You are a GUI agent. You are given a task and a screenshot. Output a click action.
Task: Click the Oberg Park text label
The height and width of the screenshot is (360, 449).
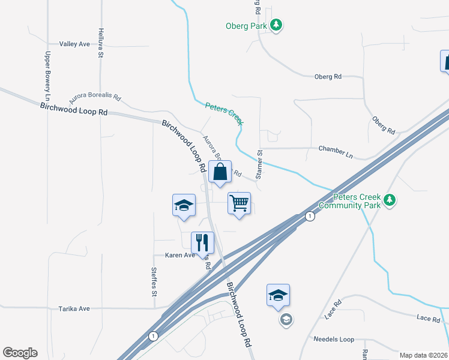(x=246, y=26)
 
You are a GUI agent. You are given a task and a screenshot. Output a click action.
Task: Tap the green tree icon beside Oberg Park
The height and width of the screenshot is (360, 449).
(x=276, y=25)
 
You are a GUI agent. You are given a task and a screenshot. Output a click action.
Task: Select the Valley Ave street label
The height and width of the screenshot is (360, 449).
(x=74, y=44)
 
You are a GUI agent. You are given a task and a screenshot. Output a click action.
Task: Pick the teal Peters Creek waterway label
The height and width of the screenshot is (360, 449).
(x=224, y=113)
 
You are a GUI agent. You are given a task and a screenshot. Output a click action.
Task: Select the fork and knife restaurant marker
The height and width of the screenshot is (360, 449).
(x=202, y=242)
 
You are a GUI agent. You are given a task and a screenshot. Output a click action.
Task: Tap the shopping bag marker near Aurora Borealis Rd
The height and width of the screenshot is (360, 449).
(x=220, y=172)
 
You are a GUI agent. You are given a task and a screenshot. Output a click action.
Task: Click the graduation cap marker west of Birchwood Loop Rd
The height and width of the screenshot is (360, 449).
(x=184, y=205)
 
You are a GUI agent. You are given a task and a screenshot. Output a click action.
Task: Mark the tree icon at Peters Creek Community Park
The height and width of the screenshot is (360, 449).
(x=390, y=200)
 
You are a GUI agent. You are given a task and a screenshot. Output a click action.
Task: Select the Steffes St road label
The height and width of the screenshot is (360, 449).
(x=154, y=282)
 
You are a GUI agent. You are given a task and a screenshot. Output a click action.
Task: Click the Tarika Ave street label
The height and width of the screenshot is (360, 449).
(x=74, y=308)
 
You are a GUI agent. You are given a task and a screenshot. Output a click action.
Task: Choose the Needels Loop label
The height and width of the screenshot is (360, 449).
(x=334, y=339)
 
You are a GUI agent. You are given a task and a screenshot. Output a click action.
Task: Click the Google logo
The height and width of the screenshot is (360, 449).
(x=20, y=353)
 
